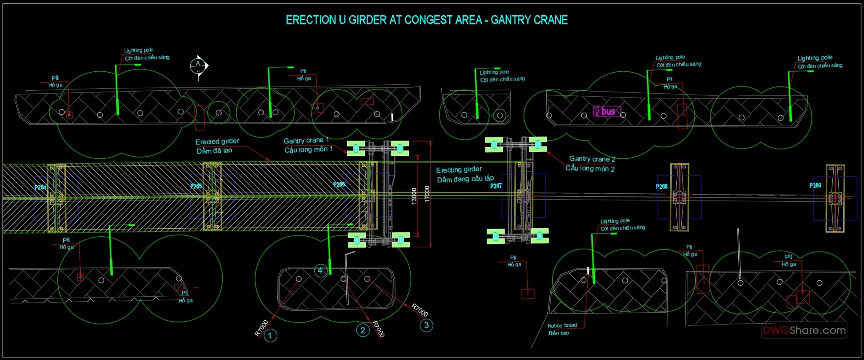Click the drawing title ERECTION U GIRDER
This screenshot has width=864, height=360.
click(x=427, y=20)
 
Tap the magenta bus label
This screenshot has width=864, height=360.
click(x=607, y=111)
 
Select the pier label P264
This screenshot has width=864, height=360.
click(x=40, y=187)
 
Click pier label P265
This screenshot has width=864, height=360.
click(x=196, y=186)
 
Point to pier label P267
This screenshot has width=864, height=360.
click(x=496, y=186)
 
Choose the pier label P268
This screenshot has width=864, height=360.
click(x=662, y=187)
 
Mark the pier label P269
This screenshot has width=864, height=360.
click(x=815, y=185)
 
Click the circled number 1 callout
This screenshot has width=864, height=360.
click(x=270, y=336)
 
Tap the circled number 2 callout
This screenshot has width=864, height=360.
click(x=363, y=330)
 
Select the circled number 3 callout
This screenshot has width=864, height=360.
click(x=427, y=325)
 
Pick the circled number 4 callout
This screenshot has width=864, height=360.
click(x=320, y=271)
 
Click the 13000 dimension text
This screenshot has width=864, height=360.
click(x=414, y=196)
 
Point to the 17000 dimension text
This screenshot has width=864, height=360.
click(x=427, y=194)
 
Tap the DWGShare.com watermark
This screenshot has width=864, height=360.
click(x=804, y=330)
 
